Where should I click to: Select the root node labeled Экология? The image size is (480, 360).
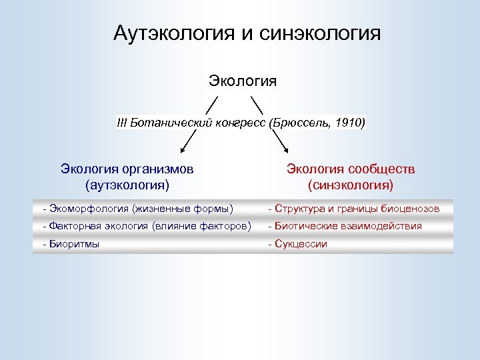pyautogui.click(x=243, y=81)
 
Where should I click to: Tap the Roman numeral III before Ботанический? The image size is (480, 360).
pyautogui.click(x=121, y=123)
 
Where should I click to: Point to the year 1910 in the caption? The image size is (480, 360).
pyautogui.click(x=349, y=123)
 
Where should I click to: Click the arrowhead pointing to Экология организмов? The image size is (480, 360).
pyautogui.click(x=182, y=151)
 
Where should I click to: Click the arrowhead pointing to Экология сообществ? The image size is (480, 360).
pyautogui.click(x=287, y=151)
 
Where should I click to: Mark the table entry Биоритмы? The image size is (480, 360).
pyautogui.click(x=73, y=244)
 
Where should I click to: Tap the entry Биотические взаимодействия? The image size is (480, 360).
pyautogui.click(x=347, y=226)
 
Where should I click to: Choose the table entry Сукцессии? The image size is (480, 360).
pyautogui.click(x=300, y=244)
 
